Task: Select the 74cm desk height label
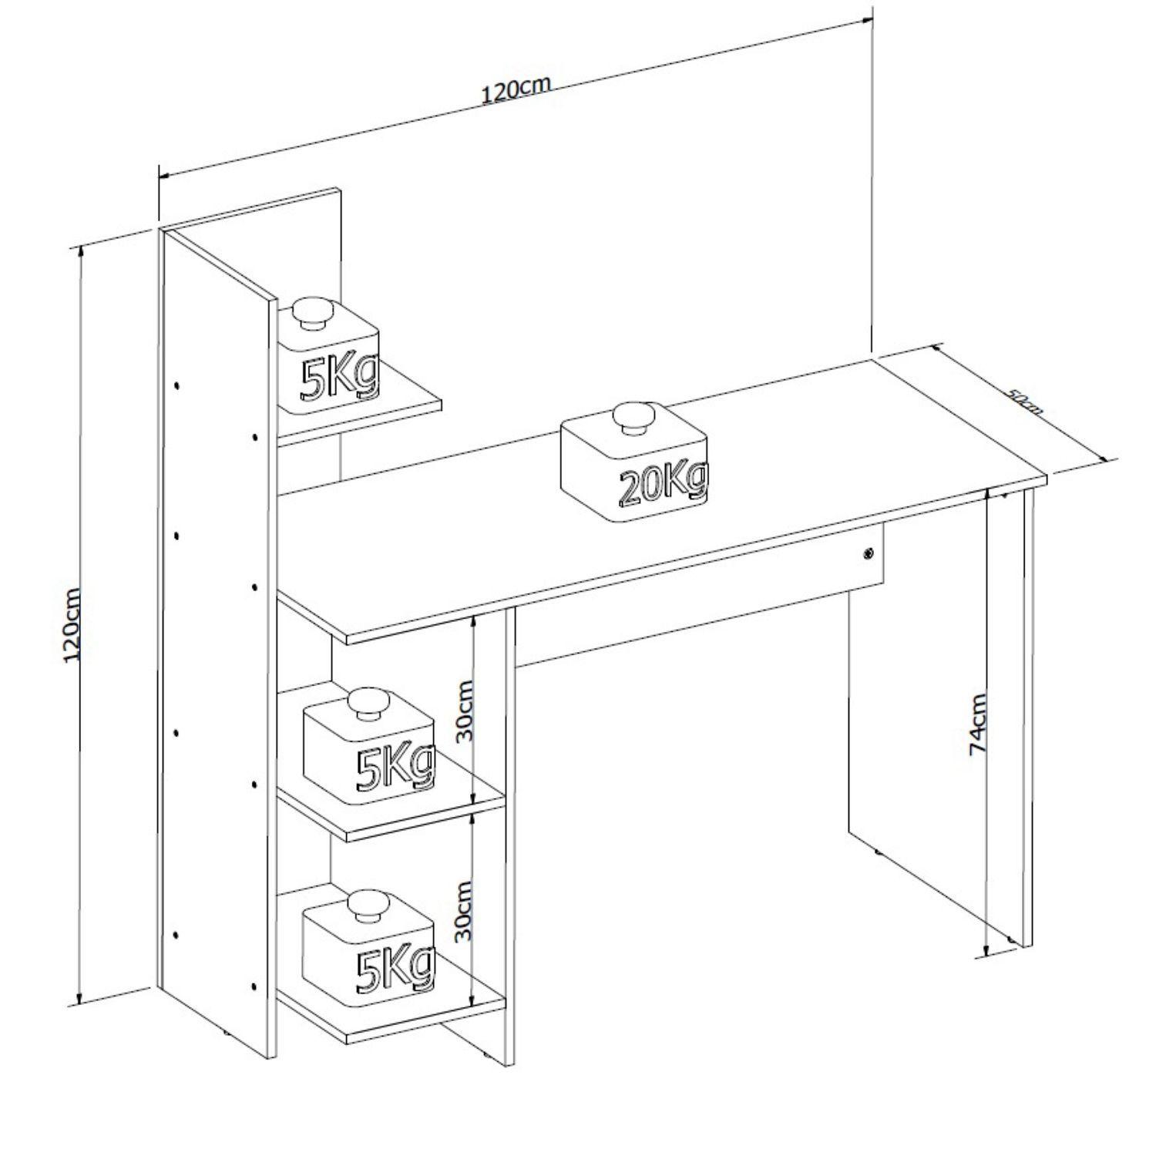click(x=978, y=724)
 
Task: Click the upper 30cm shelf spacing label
click(x=465, y=711)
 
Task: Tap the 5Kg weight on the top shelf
click(x=329, y=355)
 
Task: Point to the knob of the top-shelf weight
click(x=312, y=312)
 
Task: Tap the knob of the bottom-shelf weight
click(x=369, y=906)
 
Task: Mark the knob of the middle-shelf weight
click(x=369, y=704)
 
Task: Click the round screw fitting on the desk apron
click(x=869, y=553)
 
